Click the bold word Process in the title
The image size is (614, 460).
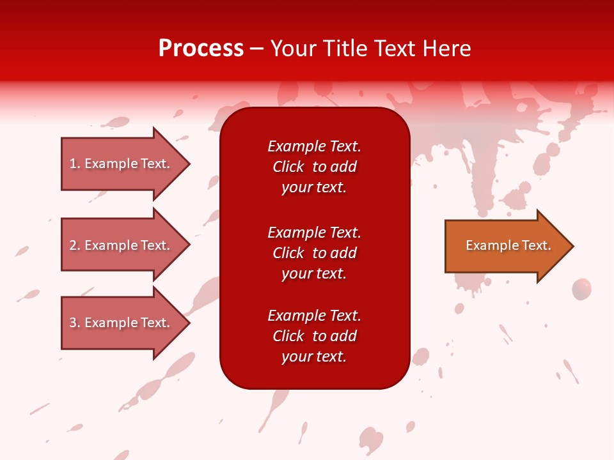201,49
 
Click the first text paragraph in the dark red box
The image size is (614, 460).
314,167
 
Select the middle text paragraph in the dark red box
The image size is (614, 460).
314,253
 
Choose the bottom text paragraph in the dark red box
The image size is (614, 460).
314,336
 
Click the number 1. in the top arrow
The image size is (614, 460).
75,164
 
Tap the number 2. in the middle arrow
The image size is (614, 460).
75,245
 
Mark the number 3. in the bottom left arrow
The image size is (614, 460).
75,323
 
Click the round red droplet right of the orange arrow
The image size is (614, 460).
581,289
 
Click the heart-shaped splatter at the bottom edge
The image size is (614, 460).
371,440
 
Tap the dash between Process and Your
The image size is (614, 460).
257,49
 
